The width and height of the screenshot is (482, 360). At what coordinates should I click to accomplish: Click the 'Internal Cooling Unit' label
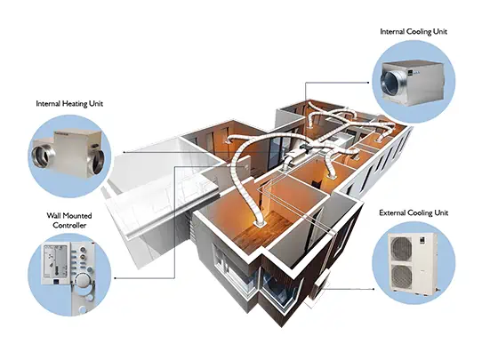414,32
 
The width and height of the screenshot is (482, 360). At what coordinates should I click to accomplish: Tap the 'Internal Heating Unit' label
69,103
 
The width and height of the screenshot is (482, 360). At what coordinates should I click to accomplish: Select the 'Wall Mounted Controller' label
69,220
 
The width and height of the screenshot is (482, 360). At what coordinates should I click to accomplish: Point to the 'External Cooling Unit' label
414,212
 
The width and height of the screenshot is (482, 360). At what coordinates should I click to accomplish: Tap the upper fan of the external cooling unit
401,249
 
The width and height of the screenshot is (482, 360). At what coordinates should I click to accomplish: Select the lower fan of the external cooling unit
401,276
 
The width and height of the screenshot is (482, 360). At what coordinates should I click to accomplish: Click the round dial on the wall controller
82,280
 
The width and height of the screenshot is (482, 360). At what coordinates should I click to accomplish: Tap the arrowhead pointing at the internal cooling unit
368,83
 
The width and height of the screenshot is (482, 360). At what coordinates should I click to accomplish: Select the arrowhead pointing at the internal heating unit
125,152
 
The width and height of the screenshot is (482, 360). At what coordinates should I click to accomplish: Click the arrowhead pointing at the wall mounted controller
116,278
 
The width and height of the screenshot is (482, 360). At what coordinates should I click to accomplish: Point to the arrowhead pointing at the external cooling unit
373,289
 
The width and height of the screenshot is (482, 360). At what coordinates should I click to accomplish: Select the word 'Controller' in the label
69,225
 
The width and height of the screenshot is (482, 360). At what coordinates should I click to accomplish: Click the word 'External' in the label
391,212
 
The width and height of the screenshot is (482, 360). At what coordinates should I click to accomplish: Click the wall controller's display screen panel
56,263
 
